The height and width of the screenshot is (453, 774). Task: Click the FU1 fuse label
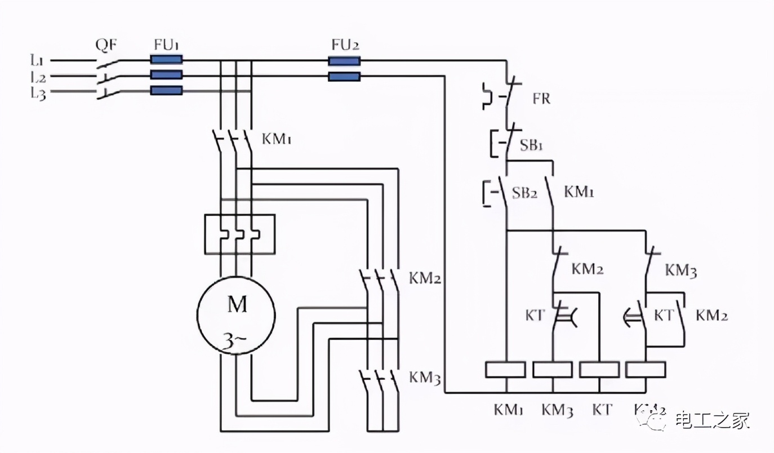(168, 45)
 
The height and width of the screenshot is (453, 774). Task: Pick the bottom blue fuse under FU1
(166, 90)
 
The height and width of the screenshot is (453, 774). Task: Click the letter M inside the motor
(237, 305)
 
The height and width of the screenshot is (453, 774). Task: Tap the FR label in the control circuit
(541, 100)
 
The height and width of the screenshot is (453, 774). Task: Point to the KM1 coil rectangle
(505, 370)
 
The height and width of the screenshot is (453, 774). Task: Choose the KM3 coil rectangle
(553, 370)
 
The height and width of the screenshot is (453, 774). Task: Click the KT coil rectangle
(599, 370)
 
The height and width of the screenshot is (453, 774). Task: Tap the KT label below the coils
(602, 410)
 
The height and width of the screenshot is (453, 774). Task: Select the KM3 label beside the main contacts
(424, 377)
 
